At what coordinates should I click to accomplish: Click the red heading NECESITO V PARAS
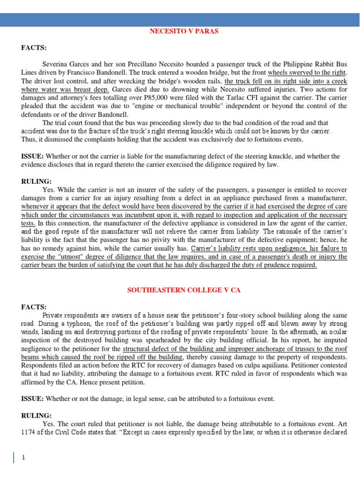(184, 31)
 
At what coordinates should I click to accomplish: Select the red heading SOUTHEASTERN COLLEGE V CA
(184, 290)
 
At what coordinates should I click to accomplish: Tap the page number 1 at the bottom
(22, 458)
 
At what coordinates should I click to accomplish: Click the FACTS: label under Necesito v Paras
(34, 48)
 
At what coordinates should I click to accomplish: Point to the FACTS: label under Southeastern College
(34, 307)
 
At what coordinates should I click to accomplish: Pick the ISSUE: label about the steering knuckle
(32, 156)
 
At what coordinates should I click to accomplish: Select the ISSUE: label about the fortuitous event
(32, 398)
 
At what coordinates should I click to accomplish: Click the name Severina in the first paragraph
(56, 64)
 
